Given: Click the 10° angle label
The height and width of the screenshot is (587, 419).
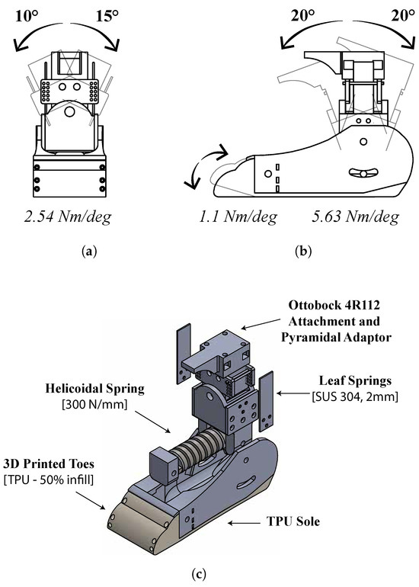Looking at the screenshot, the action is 26,16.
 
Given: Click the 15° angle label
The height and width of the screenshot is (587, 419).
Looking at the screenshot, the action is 107,16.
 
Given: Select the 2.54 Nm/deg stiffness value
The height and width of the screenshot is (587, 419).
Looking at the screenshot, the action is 68,217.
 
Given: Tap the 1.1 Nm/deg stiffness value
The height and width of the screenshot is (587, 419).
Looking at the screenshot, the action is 238,217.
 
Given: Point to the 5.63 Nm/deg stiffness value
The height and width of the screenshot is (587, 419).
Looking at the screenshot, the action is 356,217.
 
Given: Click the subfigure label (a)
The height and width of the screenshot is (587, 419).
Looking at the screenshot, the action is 89,252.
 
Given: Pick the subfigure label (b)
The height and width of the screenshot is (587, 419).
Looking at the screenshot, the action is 303,252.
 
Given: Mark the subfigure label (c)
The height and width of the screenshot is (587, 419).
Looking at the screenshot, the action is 199,573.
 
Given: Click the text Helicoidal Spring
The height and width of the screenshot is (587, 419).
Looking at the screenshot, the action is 95,389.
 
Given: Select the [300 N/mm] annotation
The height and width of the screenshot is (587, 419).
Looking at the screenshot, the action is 94,404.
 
